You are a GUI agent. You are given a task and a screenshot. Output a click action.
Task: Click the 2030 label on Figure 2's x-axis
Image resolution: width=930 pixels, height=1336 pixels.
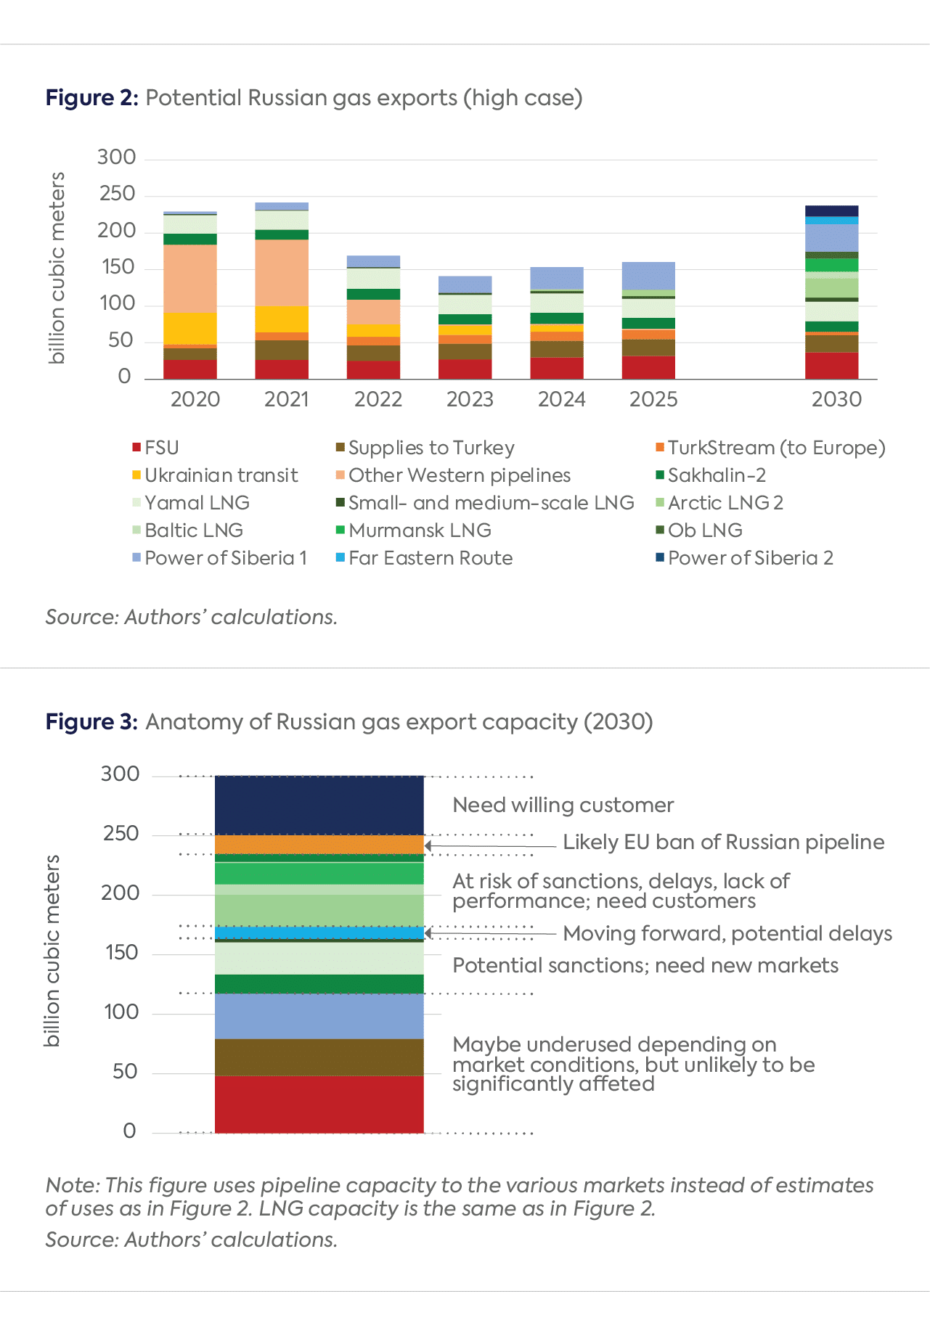(836, 399)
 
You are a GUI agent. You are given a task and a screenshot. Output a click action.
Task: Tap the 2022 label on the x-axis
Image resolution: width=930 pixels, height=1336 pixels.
(378, 399)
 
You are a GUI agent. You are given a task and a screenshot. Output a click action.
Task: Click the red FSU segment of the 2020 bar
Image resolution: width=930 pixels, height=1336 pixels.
(190, 369)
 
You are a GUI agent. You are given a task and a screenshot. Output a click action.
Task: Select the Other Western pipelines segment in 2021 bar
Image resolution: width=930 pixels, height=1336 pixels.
(282, 272)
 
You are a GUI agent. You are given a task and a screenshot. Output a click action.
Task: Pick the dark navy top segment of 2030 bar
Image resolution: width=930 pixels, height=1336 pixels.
(832, 210)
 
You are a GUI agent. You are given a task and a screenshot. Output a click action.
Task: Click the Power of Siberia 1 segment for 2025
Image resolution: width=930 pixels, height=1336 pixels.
(648, 276)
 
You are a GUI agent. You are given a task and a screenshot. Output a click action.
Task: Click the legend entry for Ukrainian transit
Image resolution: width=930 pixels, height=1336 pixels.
(221, 475)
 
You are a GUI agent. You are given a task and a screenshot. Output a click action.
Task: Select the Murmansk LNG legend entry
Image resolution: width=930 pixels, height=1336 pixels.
(420, 530)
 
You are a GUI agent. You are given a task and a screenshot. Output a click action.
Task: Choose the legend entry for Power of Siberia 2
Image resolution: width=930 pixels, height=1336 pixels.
(750, 558)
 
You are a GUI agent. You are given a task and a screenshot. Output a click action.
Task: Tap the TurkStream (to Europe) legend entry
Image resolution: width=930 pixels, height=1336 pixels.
(776, 448)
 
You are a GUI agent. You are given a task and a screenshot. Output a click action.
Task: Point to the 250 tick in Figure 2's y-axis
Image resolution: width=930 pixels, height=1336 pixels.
(117, 194)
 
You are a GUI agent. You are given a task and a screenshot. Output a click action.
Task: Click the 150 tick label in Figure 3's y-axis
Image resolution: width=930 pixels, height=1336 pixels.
(121, 952)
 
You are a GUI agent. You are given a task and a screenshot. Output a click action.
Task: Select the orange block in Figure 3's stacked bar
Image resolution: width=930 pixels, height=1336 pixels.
(319, 844)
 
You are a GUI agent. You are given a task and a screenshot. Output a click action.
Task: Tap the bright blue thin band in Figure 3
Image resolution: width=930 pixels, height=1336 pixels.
(319, 933)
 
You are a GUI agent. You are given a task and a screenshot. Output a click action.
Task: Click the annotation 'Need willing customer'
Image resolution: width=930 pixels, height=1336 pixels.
(563, 805)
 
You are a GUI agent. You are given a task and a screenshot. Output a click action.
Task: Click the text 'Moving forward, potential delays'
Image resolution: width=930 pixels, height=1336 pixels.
(727, 933)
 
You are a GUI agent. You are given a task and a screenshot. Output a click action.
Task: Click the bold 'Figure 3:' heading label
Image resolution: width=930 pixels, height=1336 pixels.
(91, 722)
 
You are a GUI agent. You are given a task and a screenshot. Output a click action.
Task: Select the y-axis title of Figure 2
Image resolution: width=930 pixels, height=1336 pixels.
(57, 268)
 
